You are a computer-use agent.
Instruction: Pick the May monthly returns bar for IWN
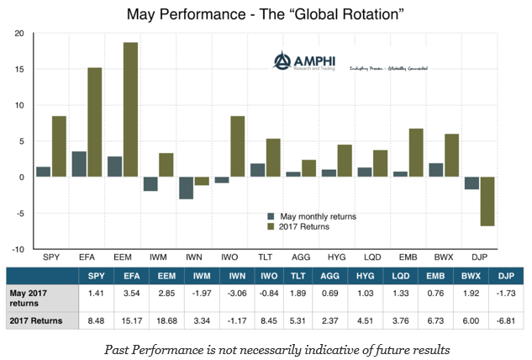187,188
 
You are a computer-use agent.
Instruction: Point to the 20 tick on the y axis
18,33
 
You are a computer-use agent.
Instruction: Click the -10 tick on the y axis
17,249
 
